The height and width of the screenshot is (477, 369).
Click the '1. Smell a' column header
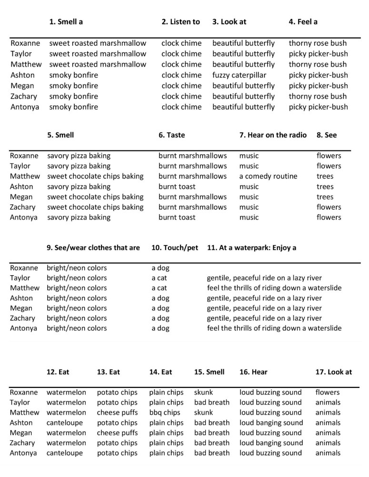[x=70, y=22]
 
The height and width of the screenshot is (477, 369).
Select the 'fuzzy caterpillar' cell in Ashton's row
[x=239, y=75]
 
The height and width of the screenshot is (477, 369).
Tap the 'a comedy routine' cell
[x=268, y=176]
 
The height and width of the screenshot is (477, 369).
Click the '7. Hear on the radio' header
[x=272, y=135]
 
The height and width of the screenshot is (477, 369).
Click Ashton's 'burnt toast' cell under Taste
[x=177, y=187]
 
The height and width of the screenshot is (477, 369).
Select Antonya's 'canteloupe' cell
[x=66, y=453]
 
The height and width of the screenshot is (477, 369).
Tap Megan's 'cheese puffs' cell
[x=117, y=433]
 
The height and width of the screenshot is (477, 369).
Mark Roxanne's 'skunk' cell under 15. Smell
[x=204, y=393]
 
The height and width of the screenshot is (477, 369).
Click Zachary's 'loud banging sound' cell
[x=271, y=443]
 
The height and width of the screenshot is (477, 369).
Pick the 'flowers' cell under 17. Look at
[x=328, y=393]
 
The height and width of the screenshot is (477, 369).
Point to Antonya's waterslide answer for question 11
[x=274, y=328]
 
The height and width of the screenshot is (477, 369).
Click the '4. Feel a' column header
[x=303, y=22]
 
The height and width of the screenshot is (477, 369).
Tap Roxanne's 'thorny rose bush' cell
[x=318, y=43]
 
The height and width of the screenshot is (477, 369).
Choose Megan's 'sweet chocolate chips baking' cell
[x=95, y=197]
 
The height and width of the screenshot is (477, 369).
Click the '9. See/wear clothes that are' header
[x=93, y=248]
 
